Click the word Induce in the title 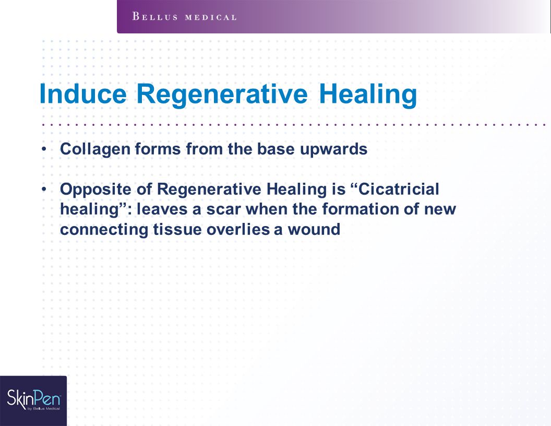click(83, 94)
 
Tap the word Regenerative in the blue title click(222, 94)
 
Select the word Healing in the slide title click(368, 94)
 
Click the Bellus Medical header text click(185, 17)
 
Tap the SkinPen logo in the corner click(33, 400)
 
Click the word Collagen click(95, 149)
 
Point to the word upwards click(333, 149)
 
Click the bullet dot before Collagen click(44, 149)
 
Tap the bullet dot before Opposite click(44, 189)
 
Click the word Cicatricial click(399, 189)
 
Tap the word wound click(314, 230)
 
